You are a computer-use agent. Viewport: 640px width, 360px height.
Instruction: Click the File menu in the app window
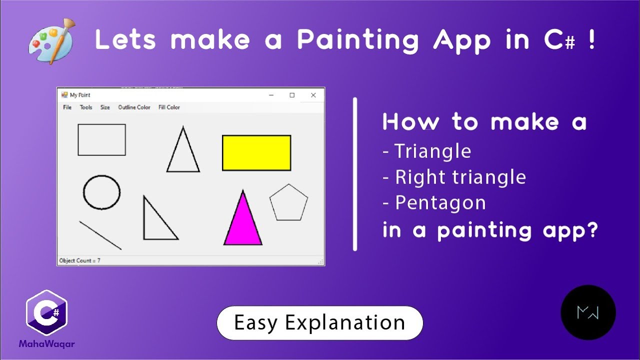(67, 107)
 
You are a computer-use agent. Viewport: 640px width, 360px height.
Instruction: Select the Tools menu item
(86, 107)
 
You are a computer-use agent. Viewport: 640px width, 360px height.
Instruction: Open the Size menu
(105, 107)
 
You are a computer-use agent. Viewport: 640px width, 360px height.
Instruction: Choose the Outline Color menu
(134, 107)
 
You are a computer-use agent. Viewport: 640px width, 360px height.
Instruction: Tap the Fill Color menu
(169, 107)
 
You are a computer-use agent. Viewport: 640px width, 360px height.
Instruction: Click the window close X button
(313, 95)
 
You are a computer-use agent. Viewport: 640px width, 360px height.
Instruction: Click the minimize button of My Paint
(271, 95)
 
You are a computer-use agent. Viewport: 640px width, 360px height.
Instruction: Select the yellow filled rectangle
(256, 153)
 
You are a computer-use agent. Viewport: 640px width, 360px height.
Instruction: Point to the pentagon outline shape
(288, 202)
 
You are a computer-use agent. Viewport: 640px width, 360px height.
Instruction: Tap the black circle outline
(101, 192)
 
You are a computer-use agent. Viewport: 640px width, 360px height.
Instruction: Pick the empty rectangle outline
(101, 140)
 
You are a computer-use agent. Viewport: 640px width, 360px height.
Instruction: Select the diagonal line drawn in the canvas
(100, 235)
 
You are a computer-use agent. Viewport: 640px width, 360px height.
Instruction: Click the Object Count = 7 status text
(79, 260)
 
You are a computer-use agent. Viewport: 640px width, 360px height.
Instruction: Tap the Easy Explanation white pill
(319, 323)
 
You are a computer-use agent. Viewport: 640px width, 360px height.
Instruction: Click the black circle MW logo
(588, 312)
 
